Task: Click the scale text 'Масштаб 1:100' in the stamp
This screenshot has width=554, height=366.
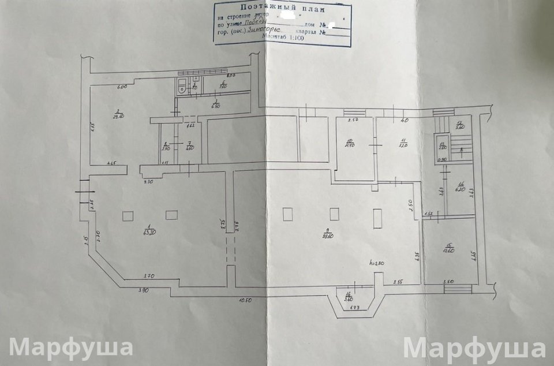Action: (283, 36)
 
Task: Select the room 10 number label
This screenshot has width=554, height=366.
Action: (349, 141)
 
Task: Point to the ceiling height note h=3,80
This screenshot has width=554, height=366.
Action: (377, 263)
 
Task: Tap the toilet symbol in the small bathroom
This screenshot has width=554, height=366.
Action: (181, 88)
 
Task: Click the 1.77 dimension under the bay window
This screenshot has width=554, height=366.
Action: (355, 308)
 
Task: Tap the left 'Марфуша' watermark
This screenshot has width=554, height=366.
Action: (71, 348)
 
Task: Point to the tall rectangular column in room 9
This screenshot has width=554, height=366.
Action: (377, 218)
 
